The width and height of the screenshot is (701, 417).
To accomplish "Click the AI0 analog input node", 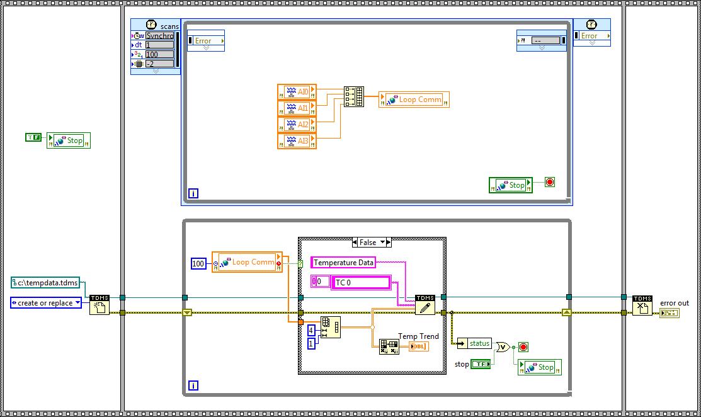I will tap(297, 92).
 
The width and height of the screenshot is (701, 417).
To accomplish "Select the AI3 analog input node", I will tap(297, 141).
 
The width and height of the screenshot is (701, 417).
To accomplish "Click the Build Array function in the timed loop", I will tap(354, 96).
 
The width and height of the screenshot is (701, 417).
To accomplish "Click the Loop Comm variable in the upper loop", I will tap(414, 100).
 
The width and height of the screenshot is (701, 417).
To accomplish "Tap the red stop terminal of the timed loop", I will tap(549, 182).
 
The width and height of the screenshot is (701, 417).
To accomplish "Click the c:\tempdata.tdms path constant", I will tap(45, 283).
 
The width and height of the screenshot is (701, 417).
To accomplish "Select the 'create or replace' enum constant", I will tap(46, 303).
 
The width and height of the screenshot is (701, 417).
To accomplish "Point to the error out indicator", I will tap(670, 313).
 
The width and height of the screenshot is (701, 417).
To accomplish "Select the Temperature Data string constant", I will tap(343, 263).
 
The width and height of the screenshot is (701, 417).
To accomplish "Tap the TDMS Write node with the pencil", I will tap(425, 305).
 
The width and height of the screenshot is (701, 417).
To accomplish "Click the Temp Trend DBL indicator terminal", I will tap(418, 346).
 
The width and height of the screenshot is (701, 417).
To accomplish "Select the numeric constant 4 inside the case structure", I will tap(311, 330).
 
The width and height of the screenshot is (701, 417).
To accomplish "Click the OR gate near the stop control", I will tap(503, 347).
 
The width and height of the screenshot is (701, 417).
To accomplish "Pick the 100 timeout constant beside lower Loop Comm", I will tap(198, 263).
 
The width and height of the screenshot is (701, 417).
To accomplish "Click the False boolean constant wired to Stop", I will tap(33, 137).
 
